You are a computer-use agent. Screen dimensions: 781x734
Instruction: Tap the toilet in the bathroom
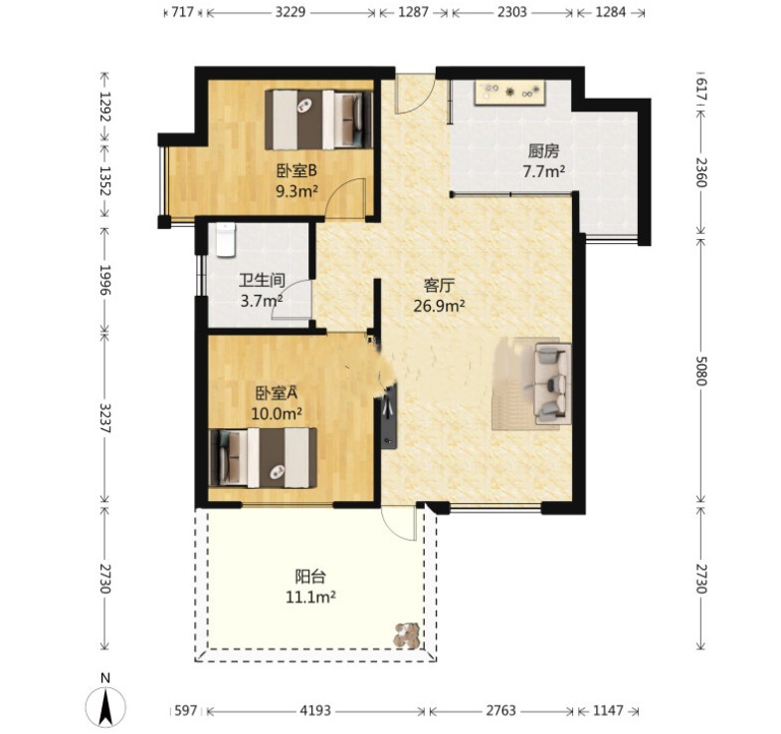[226, 240]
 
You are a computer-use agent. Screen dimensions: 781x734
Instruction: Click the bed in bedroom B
[318, 120]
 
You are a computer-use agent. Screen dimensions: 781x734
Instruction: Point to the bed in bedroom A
[264, 458]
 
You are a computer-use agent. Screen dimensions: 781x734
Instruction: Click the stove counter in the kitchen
[509, 93]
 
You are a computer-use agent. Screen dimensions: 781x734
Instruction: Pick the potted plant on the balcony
[407, 635]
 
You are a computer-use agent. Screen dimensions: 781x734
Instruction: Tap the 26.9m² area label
[439, 306]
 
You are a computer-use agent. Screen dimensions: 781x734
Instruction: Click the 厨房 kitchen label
[543, 150]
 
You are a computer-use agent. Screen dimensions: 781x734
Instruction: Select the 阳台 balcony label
[310, 577]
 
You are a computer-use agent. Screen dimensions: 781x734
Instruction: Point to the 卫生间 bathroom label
[262, 280]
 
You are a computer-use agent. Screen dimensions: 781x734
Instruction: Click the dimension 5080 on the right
[700, 370]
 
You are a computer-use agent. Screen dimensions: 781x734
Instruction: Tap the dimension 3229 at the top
[291, 12]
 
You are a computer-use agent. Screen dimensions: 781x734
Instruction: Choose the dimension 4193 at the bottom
[315, 710]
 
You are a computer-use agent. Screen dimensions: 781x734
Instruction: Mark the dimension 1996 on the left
[104, 280]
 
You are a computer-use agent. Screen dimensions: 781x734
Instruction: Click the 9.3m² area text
[296, 190]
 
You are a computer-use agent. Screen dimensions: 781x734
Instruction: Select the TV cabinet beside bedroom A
[389, 417]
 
